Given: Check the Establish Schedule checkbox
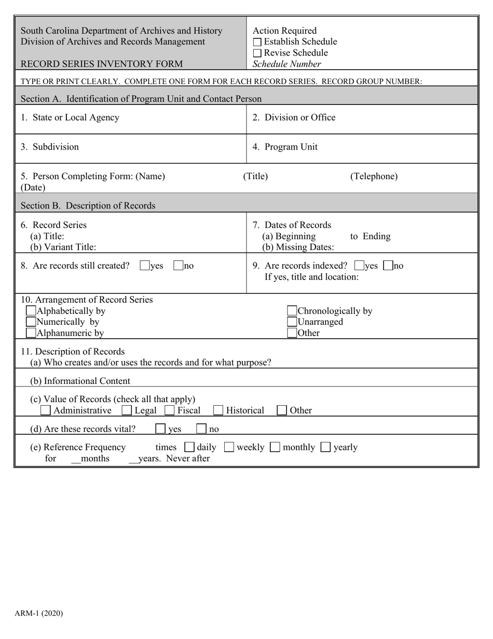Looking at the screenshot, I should coord(257,42).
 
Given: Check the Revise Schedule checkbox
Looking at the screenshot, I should coord(257,54).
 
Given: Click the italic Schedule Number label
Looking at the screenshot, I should coord(286,64).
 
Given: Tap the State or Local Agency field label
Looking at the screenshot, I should coord(70,117).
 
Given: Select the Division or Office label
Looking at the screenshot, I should coord(294,117).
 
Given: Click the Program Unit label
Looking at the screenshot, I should coord(285,147).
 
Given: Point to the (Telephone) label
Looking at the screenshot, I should coord(374,176).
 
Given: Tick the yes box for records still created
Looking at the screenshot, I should coord(145,265).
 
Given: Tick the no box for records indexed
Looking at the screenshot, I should coord(388,265).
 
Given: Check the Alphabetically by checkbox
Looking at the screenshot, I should coord(31,311).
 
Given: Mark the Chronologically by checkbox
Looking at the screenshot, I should coord(292,311).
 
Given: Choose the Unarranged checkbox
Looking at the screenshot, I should coord(292,322).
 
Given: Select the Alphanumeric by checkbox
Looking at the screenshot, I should coord(31,332).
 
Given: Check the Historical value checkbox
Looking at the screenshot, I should coord(218,410).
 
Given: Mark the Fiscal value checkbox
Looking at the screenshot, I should coord(169,410).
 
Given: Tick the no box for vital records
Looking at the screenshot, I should coord(201,429).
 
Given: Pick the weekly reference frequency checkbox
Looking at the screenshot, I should coord(229,447).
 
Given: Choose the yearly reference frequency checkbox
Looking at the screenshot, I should coord(325,447).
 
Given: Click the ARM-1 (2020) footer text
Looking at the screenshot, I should coord(39,614).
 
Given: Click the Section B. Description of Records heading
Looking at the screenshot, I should coord(88,206).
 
